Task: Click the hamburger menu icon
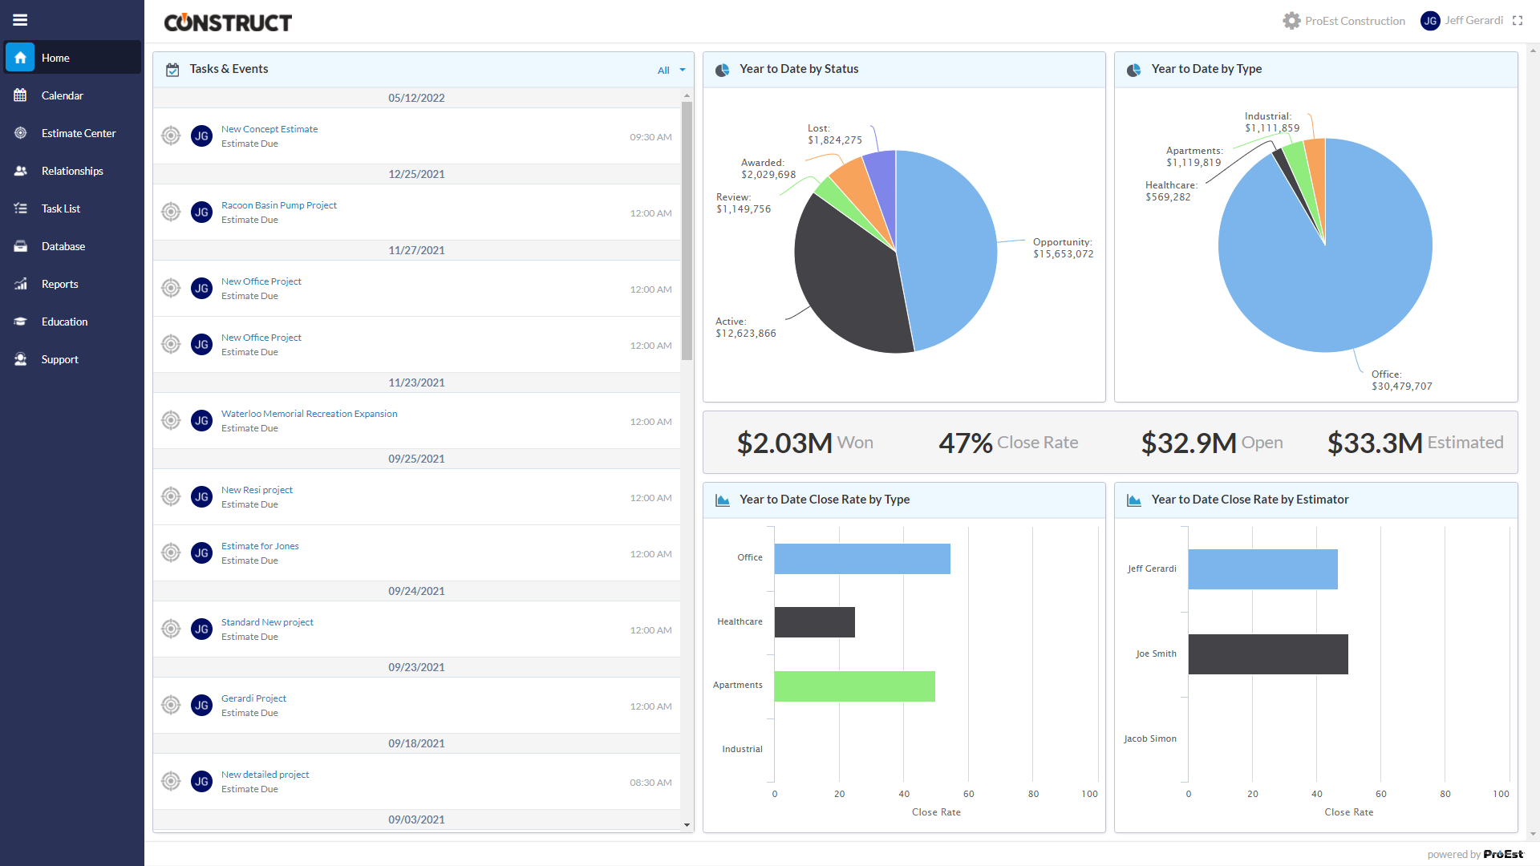click(x=20, y=20)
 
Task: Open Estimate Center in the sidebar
click(x=78, y=133)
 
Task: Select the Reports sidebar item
click(x=59, y=284)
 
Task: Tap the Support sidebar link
click(x=59, y=359)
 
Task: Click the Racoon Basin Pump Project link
click(x=278, y=205)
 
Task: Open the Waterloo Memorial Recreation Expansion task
click(x=309, y=414)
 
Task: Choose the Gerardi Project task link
click(x=253, y=698)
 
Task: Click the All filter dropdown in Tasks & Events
click(x=671, y=71)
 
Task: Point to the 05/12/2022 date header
click(x=416, y=98)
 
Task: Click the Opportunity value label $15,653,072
click(x=1063, y=254)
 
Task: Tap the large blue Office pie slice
click(x=1347, y=265)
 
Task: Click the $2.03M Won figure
click(x=804, y=443)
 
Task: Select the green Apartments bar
click(x=854, y=686)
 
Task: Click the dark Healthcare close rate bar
click(x=814, y=622)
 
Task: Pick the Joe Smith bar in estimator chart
click(x=1267, y=654)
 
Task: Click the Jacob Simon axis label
click(x=1149, y=739)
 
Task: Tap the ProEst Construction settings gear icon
click(x=1291, y=21)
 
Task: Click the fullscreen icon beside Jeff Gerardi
click(x=1518, y=21)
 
